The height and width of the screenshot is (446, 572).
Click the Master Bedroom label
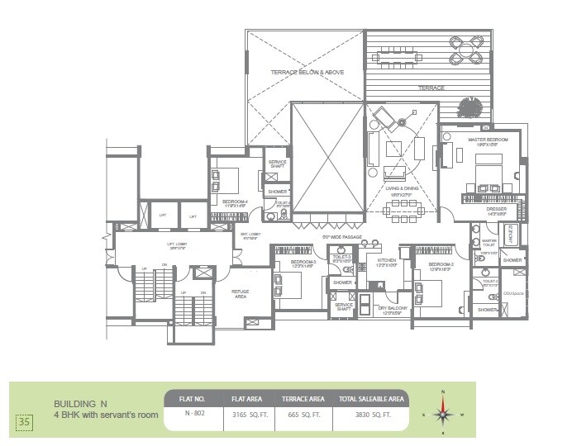pyautogui.click(x=488, y=140)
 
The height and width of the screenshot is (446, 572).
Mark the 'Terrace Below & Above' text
pyautogui.click(x=307, y=73)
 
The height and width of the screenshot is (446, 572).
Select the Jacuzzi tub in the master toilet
pyautogui.click(x=510, y=233)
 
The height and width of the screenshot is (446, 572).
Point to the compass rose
pyautogui.click(x=443, y=409)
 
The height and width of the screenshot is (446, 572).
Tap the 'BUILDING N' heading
pyautogui.click(x=81, y=404)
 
